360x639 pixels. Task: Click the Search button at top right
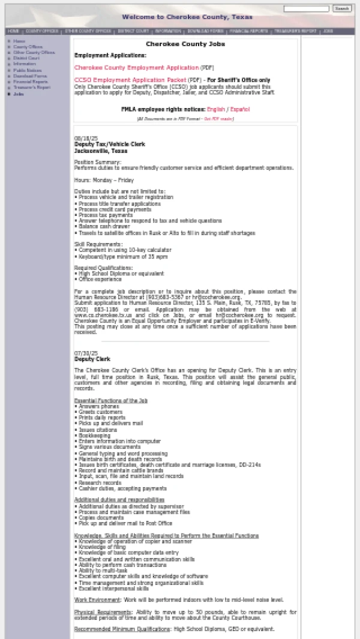click(x=342, y=9)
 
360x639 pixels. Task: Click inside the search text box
click(x=306, y=9)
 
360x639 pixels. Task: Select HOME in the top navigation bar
click(x=13, y=31)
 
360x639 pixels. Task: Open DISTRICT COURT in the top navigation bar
click(x=133, y=31)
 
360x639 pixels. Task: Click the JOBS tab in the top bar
click(x=328, y=31)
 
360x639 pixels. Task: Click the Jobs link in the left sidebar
click(x=19, y=94)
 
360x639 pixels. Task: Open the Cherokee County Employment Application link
click(x=136, y=68)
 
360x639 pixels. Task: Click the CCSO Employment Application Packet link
click(x=130, y=80)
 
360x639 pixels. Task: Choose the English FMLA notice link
click(x=216, y=109)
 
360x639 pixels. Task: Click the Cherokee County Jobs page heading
click(x=185, y=44)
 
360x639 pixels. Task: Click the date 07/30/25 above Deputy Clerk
click(x=85, y=353)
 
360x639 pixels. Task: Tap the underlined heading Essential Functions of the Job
click(x=111, y=400)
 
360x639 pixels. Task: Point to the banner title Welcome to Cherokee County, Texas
click(x=187, y=17)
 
